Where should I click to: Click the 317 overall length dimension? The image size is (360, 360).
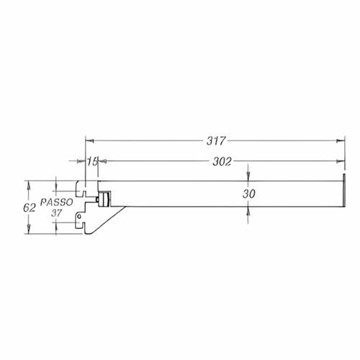coord(216,141)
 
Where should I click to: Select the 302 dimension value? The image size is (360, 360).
coord(222,162)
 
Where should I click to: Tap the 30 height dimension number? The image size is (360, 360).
coord(248,194)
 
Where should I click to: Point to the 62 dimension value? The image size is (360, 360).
coord(30,208)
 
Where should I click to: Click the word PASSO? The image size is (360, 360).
coord(57,202)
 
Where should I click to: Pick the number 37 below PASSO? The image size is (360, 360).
coord(56,213)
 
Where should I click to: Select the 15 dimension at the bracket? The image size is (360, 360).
coord(92,161)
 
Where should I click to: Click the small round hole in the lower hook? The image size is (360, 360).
coord(80,217)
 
